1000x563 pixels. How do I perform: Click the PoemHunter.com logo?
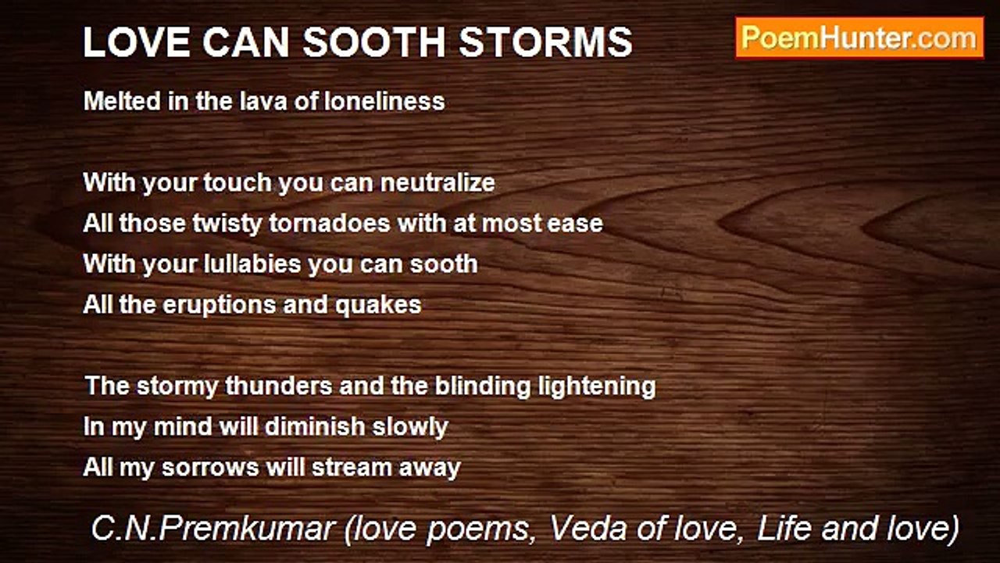click(x=859, y=38)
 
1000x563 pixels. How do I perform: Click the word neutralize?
click(x=437, y=183)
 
